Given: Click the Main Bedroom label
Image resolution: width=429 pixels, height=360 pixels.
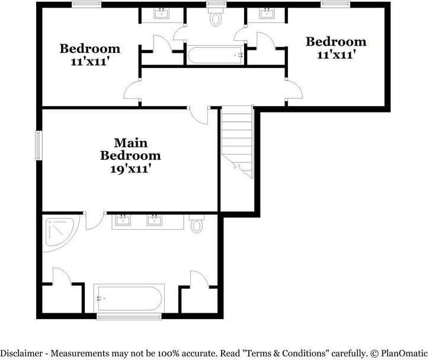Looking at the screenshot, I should (x=130, y=149).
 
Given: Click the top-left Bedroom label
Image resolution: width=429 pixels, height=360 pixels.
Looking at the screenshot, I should (x=90, y=48).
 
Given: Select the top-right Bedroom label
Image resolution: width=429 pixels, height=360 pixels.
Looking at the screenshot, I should (x=336, y=41).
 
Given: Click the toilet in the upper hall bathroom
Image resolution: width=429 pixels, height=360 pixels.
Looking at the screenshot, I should (x=216, y=18).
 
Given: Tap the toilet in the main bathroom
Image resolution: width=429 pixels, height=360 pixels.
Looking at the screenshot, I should (x=197, y=224).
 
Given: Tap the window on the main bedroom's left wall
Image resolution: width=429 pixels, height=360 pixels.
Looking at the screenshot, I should (x=39, y=145).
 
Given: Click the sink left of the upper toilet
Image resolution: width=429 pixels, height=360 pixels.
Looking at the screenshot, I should (x=161, y=13).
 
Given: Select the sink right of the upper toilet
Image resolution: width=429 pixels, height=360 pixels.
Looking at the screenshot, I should (x=267, y=13).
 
